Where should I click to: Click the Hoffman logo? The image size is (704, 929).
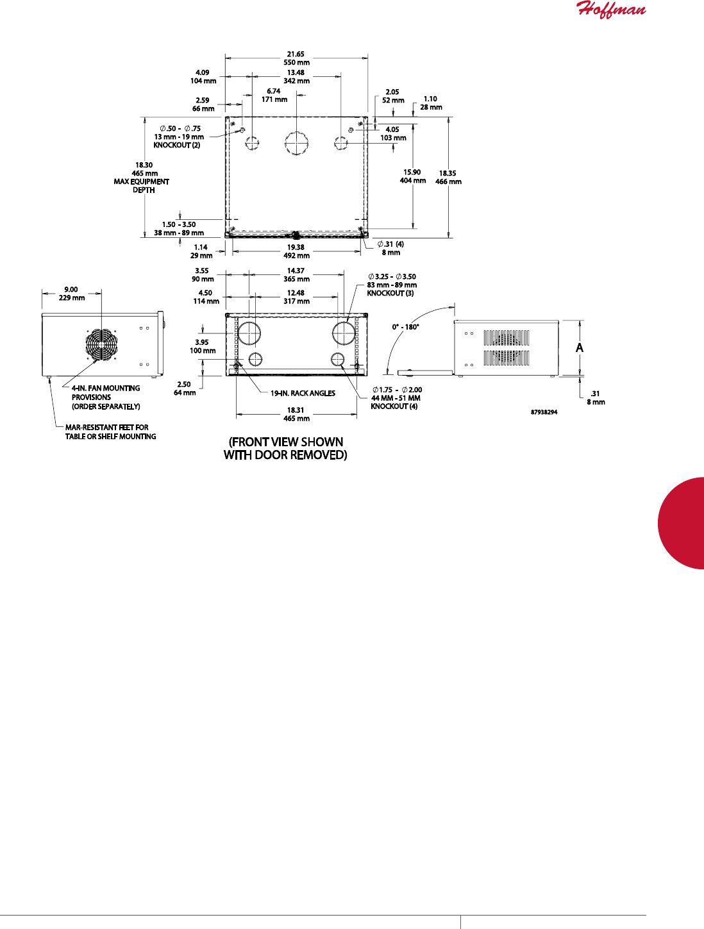click(611, 10)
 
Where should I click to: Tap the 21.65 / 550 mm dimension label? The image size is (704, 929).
click(296, 58)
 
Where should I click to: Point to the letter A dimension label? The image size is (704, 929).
click(580, 348)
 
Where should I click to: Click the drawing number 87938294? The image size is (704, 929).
click(544, 412)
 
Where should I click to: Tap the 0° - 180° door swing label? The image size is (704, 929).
click(405, 327)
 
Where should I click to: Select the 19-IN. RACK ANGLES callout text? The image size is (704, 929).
click(303, 393)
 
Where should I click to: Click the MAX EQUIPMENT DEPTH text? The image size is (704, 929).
click(142, 186)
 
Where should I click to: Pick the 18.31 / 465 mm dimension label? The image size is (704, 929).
click(296, 414)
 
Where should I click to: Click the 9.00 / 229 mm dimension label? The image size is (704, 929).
click(71, 294)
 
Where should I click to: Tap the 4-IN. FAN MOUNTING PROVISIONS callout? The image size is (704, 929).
click(106, 397)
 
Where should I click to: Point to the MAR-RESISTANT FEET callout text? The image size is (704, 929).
click(110, 431)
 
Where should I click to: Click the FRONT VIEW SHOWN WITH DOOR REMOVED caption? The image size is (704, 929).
click(285, 448)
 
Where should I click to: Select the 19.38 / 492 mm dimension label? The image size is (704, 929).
click(296, 251)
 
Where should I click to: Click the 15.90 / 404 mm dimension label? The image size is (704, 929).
click(412, 176)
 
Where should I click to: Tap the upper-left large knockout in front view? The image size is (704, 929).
click(249, 333)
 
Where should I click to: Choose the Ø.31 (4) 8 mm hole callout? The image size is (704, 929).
click(390, 248)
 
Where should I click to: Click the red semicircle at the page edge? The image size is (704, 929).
click(682, 523)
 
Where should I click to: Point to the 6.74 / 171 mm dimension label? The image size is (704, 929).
click(274, 96)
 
